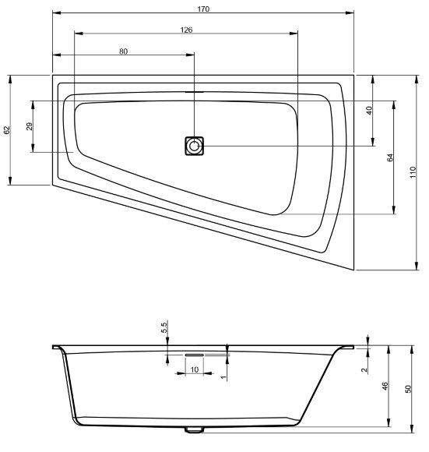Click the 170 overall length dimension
click(x=203, y=9)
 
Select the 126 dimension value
click(x=186, y=30)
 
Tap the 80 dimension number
click(x=123, y=51)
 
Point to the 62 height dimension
click(x=7, y=130)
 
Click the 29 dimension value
click(x=30, y=126)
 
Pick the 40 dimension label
click(x=369, y=111)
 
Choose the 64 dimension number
click(x=390, y=157)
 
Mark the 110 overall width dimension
click(x=413, y=172)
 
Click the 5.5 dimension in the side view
click(x=164, y=328)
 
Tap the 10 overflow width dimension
click(x=195, y=369)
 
